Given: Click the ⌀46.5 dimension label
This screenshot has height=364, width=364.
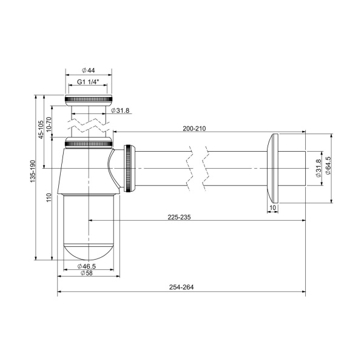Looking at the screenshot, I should coord(89,266).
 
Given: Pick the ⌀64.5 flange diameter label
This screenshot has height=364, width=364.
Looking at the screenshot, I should coord(328,166).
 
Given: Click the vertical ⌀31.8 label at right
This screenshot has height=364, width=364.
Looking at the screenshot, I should coord(317,166).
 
